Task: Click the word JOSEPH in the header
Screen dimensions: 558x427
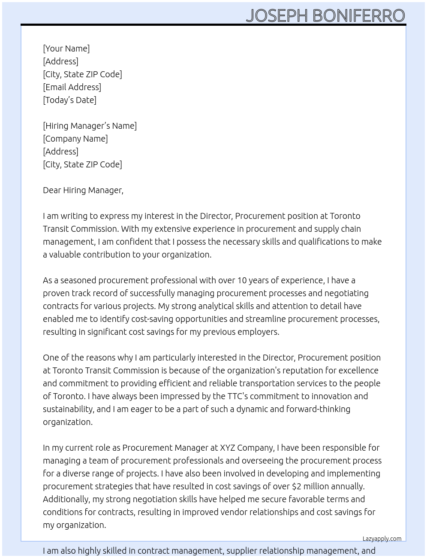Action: pos(277,15)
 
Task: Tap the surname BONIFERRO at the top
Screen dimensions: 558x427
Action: pos(358,15)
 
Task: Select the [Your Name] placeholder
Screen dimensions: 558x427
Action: pos(66,49)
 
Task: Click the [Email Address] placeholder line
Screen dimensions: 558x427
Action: pos(72,87)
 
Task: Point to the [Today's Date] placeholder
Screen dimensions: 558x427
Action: pos(69,100)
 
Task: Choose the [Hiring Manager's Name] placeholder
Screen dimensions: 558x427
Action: pos(90,126)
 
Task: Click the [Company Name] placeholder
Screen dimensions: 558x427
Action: pos(75,139)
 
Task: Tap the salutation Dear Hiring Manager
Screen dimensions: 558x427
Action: pos(83,190)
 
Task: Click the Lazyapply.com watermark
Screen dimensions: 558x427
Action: pos(382,539)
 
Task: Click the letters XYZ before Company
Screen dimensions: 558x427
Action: pos(227,448)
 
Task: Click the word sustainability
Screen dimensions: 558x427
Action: pos(68,409)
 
